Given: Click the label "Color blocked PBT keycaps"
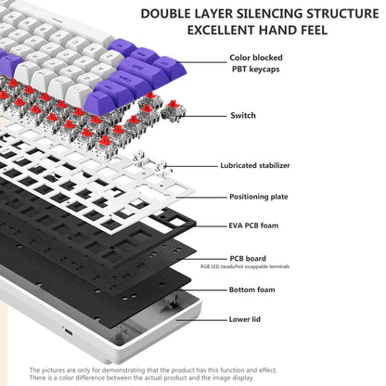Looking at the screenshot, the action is click(256, 63).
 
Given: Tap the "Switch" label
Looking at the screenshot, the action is click(243, 115).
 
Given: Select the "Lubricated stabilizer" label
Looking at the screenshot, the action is click(255, 165).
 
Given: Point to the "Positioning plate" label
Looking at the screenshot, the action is click(259, 197).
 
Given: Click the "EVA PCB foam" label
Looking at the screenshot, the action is click(253, 225).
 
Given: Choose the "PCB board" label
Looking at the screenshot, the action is click(248, 258).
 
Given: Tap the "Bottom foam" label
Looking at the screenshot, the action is click(252, 289).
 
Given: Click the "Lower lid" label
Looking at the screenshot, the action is click(245, 319).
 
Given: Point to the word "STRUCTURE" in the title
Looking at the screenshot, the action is click(342, 14).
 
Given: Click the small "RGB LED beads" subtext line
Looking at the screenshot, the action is click(245, 266).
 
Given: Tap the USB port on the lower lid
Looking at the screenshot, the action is click(69, 332).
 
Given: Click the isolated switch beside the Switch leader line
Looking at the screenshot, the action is click(174, 111).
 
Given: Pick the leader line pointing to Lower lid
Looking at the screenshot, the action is click(201, 320).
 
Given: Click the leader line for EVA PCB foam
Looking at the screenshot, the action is click(211, 226).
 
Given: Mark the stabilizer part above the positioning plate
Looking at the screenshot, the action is click(150, 161).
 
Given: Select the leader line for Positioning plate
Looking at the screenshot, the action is click(201, 197).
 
